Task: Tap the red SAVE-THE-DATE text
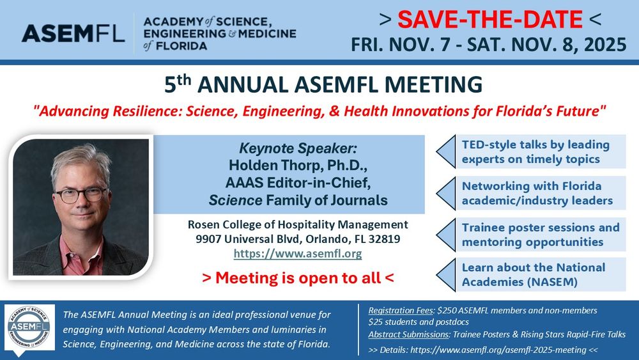click(x=490, y=19)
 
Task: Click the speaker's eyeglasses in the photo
click(x=81, y=194)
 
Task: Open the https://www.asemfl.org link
click(x=298, y=254)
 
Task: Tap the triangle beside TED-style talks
click(x=445, y=152)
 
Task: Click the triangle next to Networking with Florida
click(x=445, y=193)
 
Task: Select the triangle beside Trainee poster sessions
click(x=445, y=235)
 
